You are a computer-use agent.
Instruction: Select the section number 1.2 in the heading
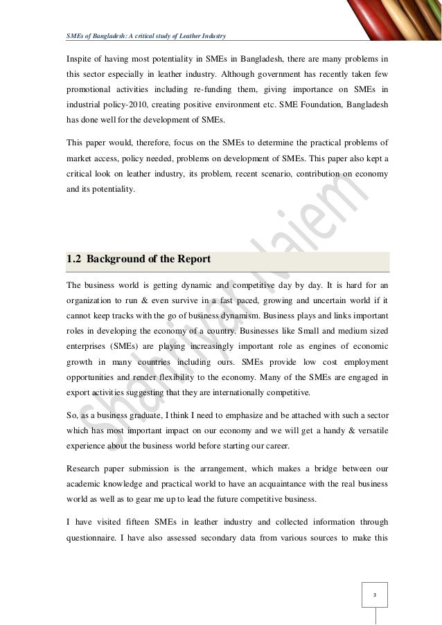pos(73,260)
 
